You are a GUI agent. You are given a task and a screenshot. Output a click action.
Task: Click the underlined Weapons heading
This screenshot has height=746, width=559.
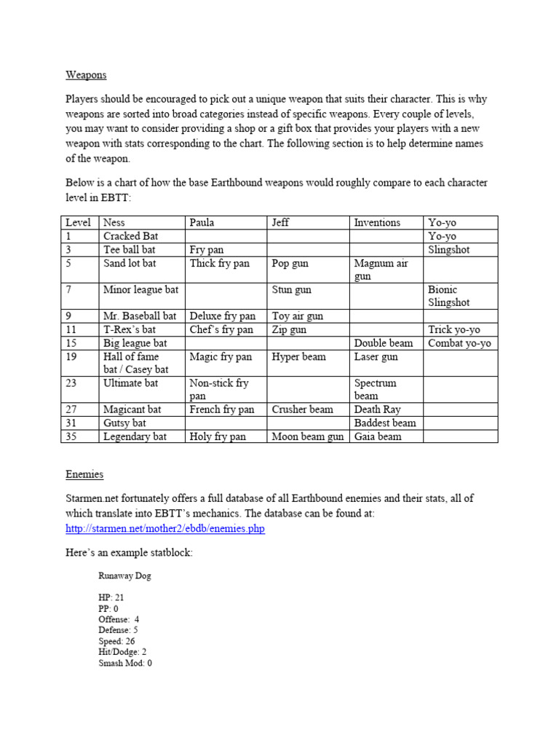tap(86, 75)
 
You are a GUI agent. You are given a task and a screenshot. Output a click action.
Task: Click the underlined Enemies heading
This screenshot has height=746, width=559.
tap(84, 474)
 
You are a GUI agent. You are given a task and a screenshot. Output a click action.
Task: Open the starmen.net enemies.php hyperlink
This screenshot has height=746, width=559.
tap(164, 528)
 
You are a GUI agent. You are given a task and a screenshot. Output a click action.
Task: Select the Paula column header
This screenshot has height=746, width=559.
tap(202, 223)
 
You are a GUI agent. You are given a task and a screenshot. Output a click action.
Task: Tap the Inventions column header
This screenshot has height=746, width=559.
tap(377, 223)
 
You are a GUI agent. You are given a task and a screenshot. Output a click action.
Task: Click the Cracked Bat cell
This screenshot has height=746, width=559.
tap(131, 236)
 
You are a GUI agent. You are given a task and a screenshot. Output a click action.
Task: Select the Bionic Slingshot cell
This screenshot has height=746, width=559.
tap(449, 296)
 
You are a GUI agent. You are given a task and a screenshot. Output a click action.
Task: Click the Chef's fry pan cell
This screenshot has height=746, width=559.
tap(221, 329)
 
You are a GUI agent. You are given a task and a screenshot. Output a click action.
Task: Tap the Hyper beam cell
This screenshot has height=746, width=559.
tap(299, 356)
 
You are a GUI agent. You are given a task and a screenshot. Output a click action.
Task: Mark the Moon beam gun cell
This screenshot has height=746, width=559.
tap(308, 436)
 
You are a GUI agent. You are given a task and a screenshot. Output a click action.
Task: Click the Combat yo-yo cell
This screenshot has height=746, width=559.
tap(459, 343)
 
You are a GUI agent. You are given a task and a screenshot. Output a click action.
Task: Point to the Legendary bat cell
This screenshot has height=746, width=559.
tap(135, 436)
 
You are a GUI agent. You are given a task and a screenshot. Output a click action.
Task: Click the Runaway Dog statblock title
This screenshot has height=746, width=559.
tap(125, 576)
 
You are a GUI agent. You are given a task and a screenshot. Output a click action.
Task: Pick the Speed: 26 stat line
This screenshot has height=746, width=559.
tap(116, 641)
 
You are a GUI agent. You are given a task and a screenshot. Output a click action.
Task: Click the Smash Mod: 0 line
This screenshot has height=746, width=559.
tap(125, 664)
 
